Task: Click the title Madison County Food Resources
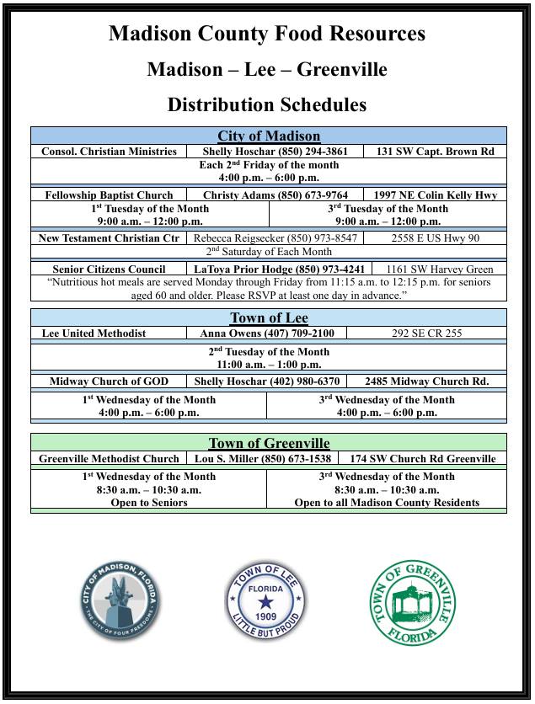(267, 34)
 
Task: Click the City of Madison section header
(269, 136)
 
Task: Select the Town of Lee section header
(269, 317)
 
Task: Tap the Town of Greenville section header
(269, 443)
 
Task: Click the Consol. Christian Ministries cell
(110, 152)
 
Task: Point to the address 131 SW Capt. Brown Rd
(435, 152)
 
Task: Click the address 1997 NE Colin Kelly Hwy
(436, 195)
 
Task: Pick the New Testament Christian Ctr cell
(110, 238)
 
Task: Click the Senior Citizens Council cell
(110, 269)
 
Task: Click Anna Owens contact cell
(266, 333)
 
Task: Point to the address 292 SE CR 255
(426, 333)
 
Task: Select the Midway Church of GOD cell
(110, 381)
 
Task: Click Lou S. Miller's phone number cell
(262, 459)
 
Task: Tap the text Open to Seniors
(149, 503)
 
